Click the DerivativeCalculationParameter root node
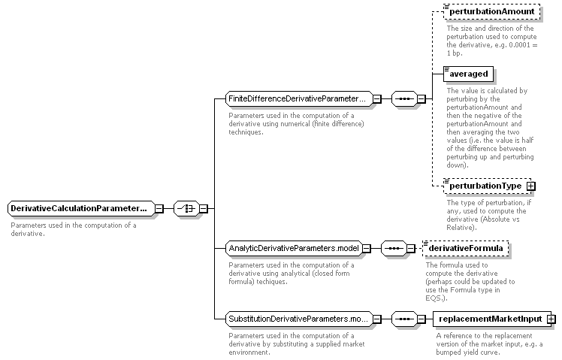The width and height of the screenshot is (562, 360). [x=81, y=208]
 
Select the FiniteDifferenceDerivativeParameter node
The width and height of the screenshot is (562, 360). [x=299, y=98]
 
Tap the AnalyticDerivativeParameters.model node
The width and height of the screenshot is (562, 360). [x=294, y=248]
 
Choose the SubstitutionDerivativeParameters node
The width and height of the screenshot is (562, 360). [x=299, y=319]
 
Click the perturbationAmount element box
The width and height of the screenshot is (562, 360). [x=491, y=11]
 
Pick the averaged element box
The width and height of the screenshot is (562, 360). [x=468, y=74]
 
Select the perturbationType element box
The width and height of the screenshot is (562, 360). [x=488, y=186]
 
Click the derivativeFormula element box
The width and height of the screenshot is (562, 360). [x=466, y=248]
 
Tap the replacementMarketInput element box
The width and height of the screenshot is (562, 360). [x=492, y=319]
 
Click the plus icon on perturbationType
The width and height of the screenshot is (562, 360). [x=531, y=186]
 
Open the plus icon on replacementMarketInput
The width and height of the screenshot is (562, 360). [x=551, y=319]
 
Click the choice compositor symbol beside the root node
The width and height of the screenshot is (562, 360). [x=186, y=208]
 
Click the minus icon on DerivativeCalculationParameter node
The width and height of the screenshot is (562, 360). [x=159, y=209]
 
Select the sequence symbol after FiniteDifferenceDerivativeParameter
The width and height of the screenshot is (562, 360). [x=404, y=98]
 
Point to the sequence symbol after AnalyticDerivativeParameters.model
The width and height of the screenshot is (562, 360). [x=394, y=248]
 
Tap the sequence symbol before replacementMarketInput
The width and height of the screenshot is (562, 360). [x=404, y=319]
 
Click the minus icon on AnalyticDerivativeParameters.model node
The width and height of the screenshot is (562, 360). [x=367, y=249]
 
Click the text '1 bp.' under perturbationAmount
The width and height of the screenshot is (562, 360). [x=455, y=53]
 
